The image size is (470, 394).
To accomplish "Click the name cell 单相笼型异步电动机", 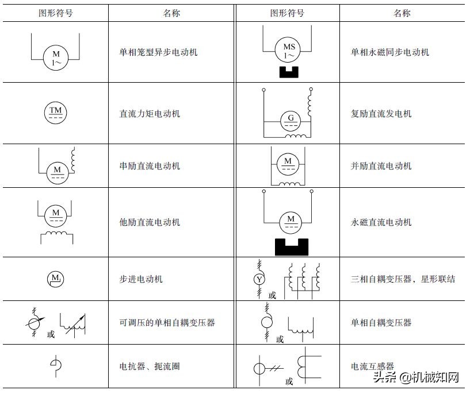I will (158, 52).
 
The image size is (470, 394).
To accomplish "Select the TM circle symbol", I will (56, 113).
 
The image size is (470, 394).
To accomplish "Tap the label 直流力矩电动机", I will (149, 114).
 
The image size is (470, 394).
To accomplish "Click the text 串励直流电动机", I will (149, 166).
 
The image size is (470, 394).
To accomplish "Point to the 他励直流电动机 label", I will (149, 222).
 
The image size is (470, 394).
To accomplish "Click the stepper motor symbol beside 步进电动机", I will (56, 279).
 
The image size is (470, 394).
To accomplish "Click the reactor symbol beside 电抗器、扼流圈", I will (56, 366).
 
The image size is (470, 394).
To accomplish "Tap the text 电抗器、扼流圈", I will (149, 366).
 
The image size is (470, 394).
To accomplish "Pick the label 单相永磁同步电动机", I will (389, 52).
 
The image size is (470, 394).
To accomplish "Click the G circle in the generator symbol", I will (291, 121).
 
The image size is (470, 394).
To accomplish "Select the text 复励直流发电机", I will (381, 114).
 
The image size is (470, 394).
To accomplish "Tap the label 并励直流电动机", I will (381, 166).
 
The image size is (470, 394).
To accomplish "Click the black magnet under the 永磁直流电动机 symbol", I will (292, 246).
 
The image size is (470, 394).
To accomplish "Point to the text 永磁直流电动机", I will (381, 222).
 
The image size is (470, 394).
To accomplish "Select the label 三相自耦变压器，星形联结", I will (402, 279).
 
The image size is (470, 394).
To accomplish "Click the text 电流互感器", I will (372, 366).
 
